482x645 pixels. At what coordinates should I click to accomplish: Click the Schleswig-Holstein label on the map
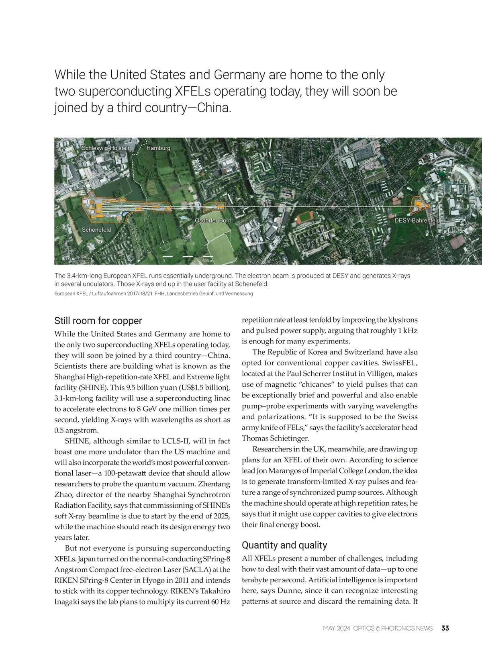point(106,148)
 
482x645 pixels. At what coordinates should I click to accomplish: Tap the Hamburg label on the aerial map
point(158,148)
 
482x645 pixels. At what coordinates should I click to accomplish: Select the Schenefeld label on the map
point(96,230)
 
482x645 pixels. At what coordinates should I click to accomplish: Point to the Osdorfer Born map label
point(213,221)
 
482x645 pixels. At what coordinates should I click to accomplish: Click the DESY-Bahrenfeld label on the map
point(417,220)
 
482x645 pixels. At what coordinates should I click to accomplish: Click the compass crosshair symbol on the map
point(165,245)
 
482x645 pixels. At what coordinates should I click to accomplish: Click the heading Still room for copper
point(98,321)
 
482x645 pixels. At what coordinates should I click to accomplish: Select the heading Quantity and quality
point(284,545)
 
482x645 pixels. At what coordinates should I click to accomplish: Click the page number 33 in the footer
point(445,628)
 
